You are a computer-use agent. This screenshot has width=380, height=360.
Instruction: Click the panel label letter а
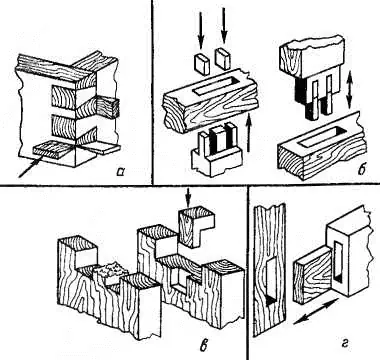click(120, 171)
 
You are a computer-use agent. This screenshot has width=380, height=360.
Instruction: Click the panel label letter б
click(362, 169)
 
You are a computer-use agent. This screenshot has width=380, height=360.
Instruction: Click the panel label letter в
click(204, 345)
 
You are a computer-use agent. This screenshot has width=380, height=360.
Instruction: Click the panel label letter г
click(345, 344)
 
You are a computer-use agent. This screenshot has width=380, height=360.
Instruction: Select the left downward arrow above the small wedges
click(200, 33)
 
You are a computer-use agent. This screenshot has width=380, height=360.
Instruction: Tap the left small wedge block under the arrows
click(202, 64)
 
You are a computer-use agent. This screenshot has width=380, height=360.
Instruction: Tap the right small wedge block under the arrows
click(223, 58)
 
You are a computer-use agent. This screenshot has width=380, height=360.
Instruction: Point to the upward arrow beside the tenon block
click(248, 133)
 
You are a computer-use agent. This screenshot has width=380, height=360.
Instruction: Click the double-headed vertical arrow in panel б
click(349, 88)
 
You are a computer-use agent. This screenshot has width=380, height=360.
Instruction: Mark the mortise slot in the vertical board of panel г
click(272, 281)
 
